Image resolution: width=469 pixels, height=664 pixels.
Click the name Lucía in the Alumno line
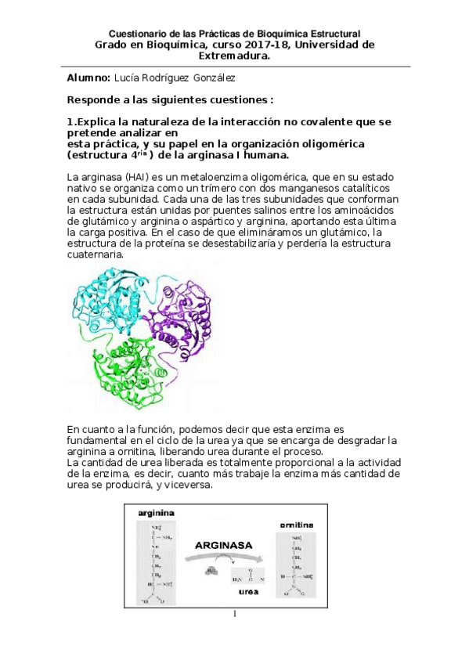[x=127, y=79]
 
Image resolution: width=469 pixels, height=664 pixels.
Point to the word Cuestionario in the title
[x=135, y=34]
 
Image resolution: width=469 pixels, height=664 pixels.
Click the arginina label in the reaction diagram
[x=156, y=514]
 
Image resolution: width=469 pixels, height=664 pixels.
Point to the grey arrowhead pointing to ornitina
[x=266, y=558]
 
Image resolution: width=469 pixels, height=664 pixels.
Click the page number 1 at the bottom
[x=234, y=614]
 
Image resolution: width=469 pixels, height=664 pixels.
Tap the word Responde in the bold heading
[x=96, y=100]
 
